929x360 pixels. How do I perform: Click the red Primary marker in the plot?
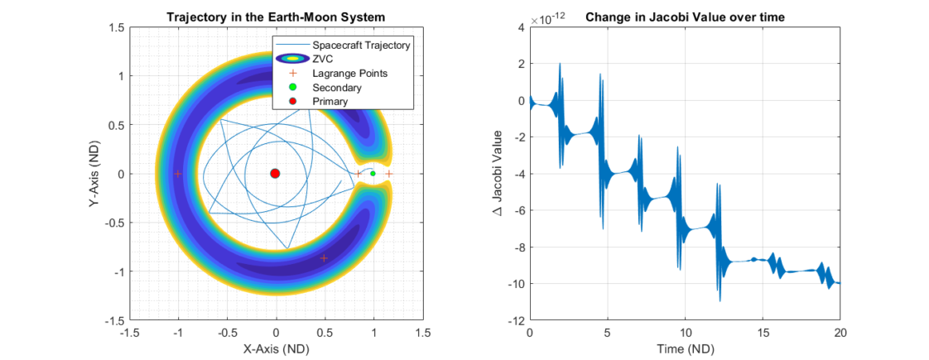pos(275,173)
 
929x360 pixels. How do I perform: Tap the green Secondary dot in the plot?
pos(373,173)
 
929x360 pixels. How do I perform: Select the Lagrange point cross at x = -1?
pos(178,174)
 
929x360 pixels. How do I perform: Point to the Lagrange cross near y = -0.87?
pos(324,258)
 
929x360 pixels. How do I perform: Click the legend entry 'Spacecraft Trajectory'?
pos(361,45)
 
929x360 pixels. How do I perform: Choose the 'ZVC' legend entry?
pos(322,59)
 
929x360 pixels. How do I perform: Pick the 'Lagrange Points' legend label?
pos(349,73)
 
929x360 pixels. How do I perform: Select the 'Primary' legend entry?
pos(330,101)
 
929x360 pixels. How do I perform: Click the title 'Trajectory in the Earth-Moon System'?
pos(276,17)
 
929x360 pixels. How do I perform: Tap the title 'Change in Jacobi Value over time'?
pos(685,17)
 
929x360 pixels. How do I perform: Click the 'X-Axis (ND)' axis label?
pos(276,349)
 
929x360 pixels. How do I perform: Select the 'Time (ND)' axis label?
pos(685,349)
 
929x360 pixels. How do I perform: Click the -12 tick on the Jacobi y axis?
pos(515,320)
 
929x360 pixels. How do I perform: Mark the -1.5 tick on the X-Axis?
pos(129,333)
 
